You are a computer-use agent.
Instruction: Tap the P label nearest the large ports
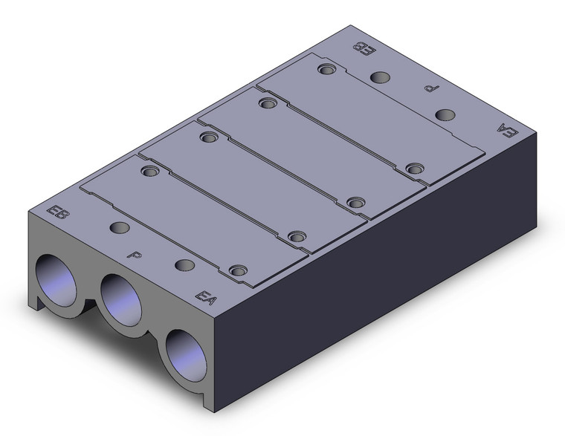[135, 256]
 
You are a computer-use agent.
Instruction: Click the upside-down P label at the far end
[429, 89]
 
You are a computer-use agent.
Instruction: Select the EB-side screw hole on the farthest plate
[324, 70]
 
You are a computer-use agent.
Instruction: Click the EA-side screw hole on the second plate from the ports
[297, 236]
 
